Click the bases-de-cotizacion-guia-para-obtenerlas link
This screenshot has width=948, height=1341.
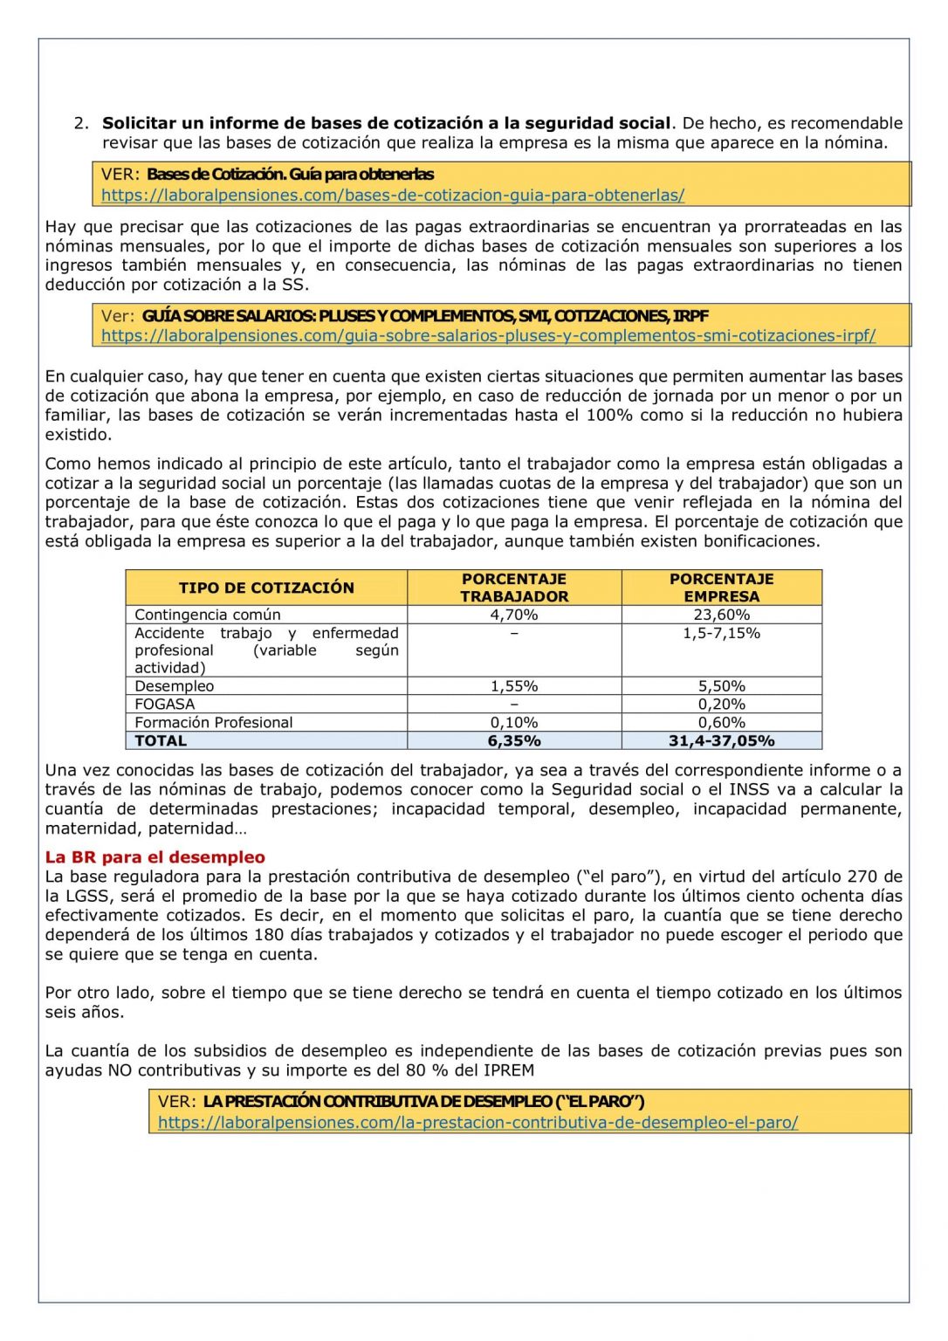pyautogui.click(x=393, y=196)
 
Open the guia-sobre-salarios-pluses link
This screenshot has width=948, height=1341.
pyautogui.click(x=488, y=336)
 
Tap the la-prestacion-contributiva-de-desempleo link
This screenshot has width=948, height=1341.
pyautogui.click(x=477, y=1123)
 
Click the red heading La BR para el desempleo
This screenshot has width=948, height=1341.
pyautogui.click(x=155, y=857)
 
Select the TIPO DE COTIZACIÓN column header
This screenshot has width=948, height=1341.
pyautogui.click(x=266, y=588)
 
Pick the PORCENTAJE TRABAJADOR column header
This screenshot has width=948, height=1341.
pyautogui.click(x=514, y=588)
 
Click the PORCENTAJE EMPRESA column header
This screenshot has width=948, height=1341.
pyautogui.click(x=721, y=588)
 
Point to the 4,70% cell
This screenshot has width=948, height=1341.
pyautogui.click(x=514, y=615)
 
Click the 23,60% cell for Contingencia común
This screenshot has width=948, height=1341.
pyautogui.click(x=721, y=615)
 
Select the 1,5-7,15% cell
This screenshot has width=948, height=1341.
pyautogui.click(x=721, y=633)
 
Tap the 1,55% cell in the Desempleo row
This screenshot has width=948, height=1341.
pyautogui.click(x=514, y=686)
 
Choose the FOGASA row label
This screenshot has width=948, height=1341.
pyautogui.click(x=165, y=705)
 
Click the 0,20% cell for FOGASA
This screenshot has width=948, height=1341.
pyautogui.click(x=721, y=705)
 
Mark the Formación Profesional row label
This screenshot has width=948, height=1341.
pyautogui.click(x=214, y=723)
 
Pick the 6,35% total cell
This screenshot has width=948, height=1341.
pyautogui.click(x=514, y=741)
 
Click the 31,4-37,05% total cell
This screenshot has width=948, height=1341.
pyautogui.click(x=721, y=741)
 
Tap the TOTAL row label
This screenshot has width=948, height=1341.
pyautogui.click(x=161, y=741)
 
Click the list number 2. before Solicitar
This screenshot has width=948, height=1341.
pyautogui.click(x=82, y=123)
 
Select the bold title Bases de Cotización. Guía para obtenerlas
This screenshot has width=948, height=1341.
pyautogui.click(x=290, y=175)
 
